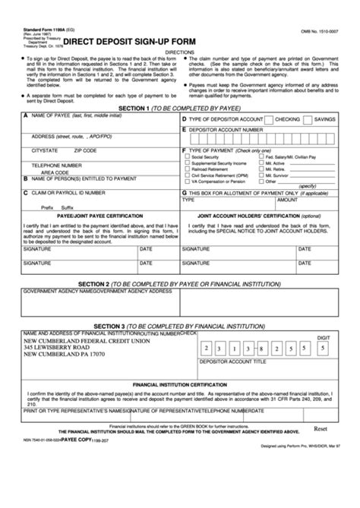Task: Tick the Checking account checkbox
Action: (x=268, y=120)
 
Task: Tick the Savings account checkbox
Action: (x=308, y=120)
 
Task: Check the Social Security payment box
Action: (x=187, y=156)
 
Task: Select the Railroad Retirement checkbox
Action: (x=187, y=169)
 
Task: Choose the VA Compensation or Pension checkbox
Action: (x=187, y=182)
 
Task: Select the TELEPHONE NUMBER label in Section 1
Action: (x=56, y=164)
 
